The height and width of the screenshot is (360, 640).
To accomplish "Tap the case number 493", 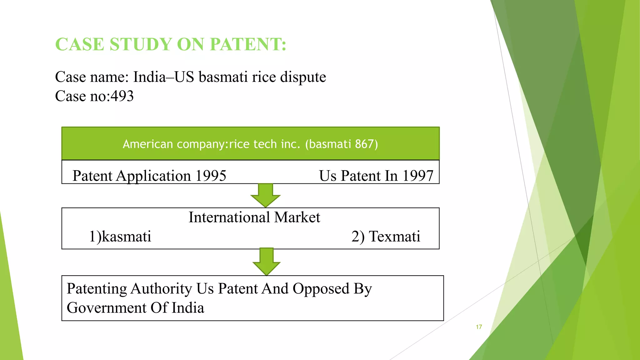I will (x=122, y=96).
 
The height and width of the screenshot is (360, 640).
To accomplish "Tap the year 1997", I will (x=417, y=176).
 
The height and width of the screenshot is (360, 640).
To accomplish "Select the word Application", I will (x=153, y=176).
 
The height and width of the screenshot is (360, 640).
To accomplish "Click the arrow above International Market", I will (x=266, y=195).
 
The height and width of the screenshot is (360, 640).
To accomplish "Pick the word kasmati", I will (x=126, y=237).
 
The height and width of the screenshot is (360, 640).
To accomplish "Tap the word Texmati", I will (x=394, y=237).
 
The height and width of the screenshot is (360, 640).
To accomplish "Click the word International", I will (x=229, y=217).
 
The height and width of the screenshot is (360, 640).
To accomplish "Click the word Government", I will (x=107, y=308).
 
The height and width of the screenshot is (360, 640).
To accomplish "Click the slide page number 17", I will (x=479, y=327).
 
